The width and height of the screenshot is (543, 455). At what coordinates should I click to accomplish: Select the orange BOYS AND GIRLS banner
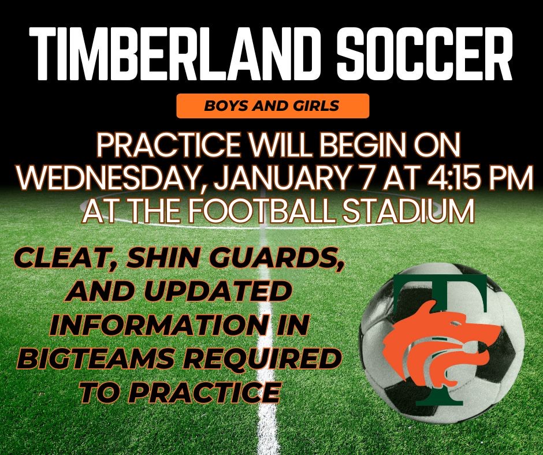[272, 107]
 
